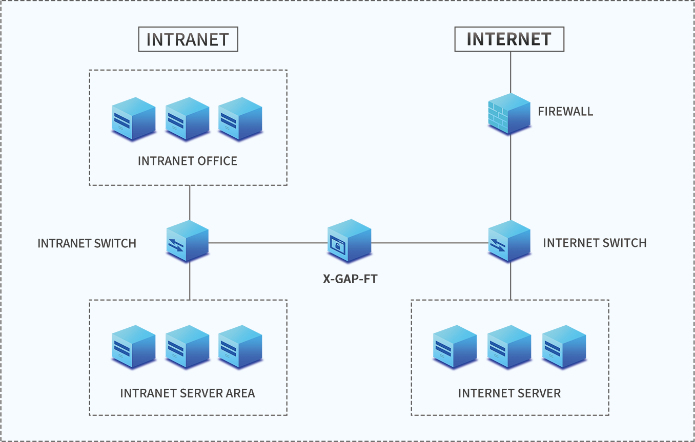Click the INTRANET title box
[x=188, y=39]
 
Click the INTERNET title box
[x=509, y=39]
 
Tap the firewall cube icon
[x=508, y=114]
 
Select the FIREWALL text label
[x=565, y=112]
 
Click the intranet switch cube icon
[x=188, y=241]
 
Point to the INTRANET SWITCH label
[x=87, y=243]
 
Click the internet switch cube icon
[x=509, y=241]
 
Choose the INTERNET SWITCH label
[x=595, y=243]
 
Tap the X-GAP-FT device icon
[x=349, y=240]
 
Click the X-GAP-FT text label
[x=350, y=280]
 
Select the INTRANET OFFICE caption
[x=188, y=161]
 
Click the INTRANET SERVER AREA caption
[x=188, y=393]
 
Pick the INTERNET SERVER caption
[x=509, y=393]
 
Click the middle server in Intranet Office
[x=187, y=119]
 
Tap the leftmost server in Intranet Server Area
[x=133, y=346]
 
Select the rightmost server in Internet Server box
[x=564, y=346]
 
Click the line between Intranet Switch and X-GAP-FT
[x=267, y=243]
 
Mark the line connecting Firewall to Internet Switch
[x=510, y=179]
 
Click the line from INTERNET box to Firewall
[x=510, y=72]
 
